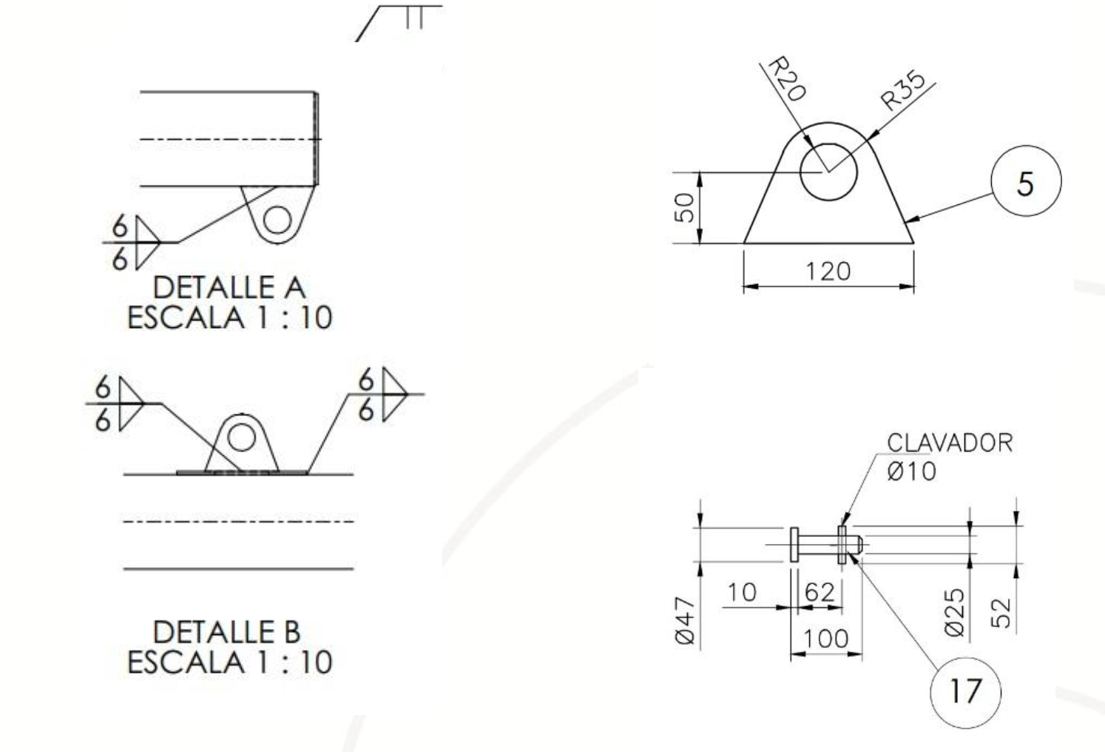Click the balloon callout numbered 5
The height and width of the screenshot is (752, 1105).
[x=1025, y=182]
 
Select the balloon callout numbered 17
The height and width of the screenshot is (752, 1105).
[x=964, y=692]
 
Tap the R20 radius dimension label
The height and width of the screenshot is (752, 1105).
[x=785, y=79]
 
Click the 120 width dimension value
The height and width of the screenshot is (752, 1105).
[x=828, y=272]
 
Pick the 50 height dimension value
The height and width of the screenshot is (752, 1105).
[x=686, y=207]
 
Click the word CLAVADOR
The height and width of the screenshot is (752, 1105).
[x=949, y=443]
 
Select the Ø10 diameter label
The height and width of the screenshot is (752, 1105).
[x=911, y=471]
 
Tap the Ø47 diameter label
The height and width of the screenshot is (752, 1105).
[x=686, y=621]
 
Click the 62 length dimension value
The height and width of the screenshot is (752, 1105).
[x=819, y=592]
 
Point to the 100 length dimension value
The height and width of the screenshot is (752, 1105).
[x=826, y=638]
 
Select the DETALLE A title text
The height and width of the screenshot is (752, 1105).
[x=229, y=287]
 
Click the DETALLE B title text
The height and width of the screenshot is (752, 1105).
[x=226, y=632]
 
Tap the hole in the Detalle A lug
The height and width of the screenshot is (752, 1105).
[x=277, y=221]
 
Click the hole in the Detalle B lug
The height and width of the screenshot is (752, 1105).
[x=240, y=438]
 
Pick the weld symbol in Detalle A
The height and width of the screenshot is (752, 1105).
[x=137, y=242]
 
